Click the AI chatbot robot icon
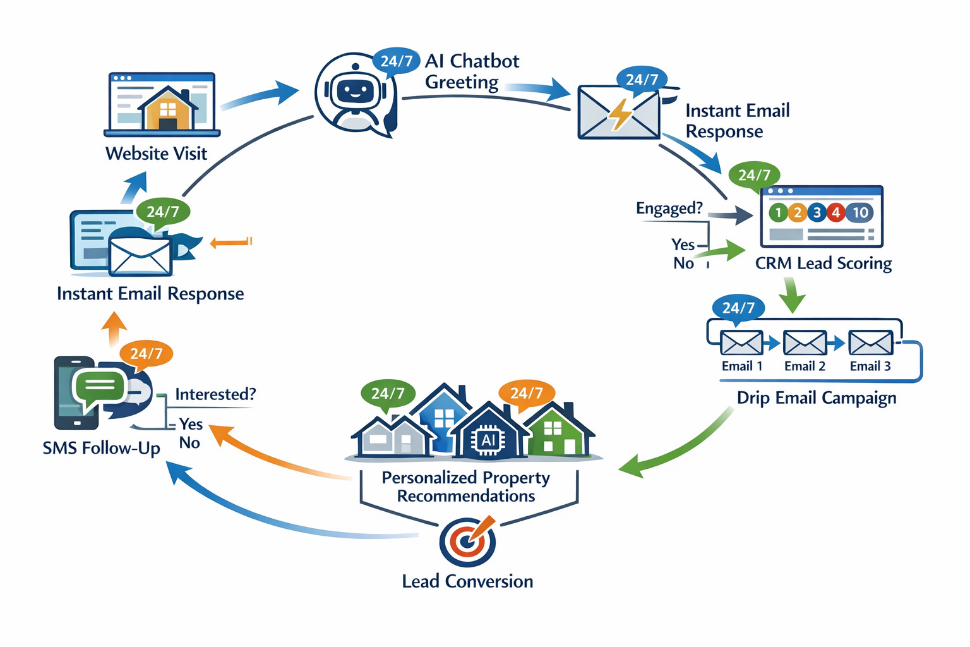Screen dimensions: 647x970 pos(355,94)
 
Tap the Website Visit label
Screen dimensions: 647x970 pos(156,154)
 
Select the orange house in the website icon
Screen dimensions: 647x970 pos(167,110)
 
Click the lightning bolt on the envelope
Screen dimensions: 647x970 pos(620,115)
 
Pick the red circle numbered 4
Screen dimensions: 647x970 pos(835,213)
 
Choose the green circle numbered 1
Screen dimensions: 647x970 pos(778,213)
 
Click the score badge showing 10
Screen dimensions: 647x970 pos(860,213)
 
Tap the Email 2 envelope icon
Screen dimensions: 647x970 pos(805,343)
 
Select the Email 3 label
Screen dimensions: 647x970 pos(870,366)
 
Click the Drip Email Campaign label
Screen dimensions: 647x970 pos(816,398)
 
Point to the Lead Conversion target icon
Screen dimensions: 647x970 pos(467,542)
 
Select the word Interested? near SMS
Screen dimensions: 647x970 pos(215,394)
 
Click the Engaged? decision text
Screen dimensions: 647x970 pos(669,209)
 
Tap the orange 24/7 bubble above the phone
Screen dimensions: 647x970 pos(146,354)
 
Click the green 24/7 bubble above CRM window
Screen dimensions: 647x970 pos(754,175)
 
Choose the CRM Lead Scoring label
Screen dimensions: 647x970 pos(823,263)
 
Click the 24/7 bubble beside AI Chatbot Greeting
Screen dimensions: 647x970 pos(396,61)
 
